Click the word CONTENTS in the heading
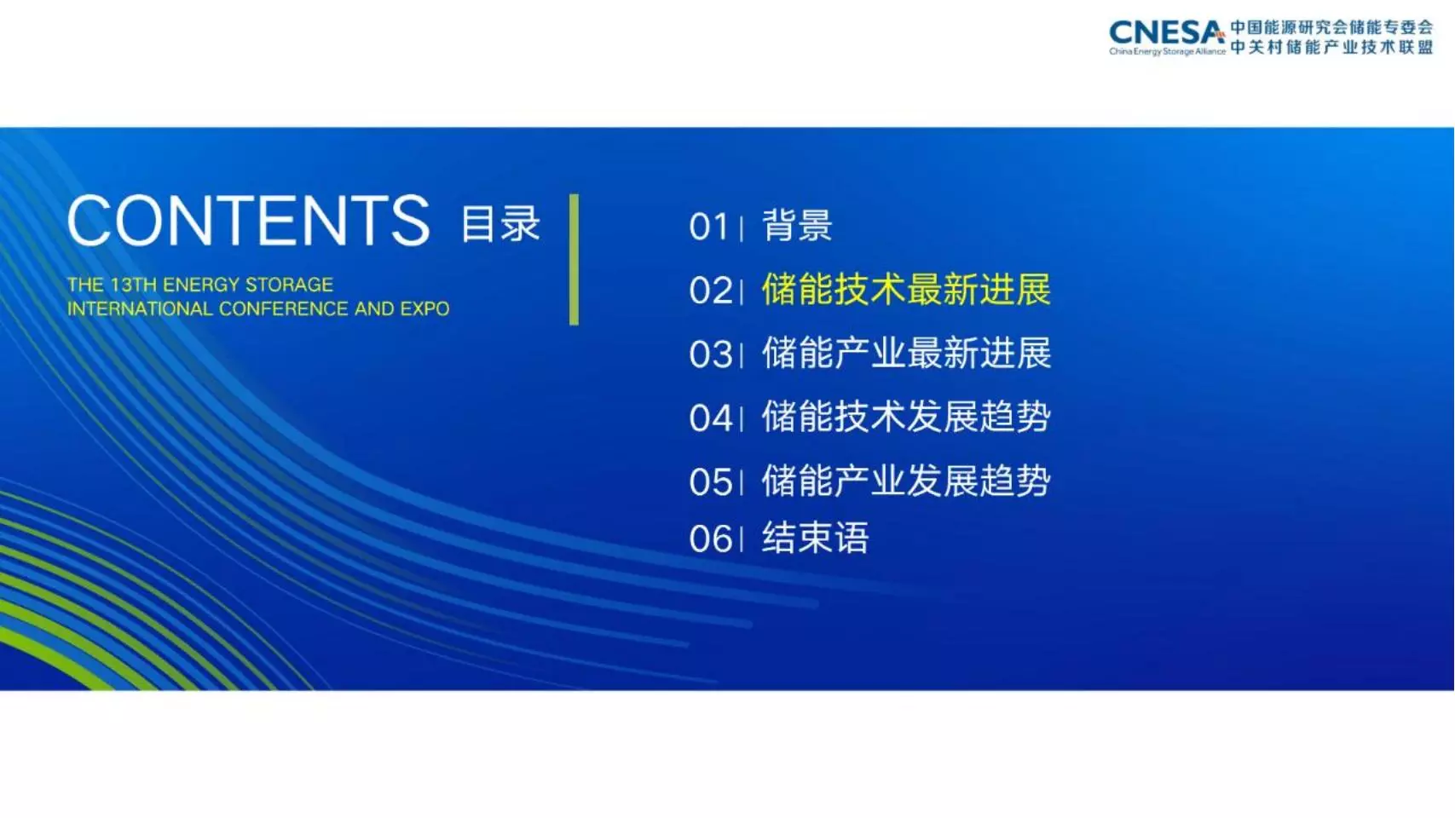pos(248,221)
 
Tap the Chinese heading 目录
pos(500,224)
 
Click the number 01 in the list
pos(708,228)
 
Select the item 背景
pos(797,226)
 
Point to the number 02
pos(710,291)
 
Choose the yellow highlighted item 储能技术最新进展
pos(906,290)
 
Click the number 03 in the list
pos(710,355)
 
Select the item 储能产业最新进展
pos(906,353)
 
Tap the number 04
pos(711,418)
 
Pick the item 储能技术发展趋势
pos(906,417)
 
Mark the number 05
pos(710,482)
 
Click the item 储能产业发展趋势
pos(906,481)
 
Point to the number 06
pos(710,539)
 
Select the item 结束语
pos(815,538)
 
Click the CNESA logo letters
pos(1167,32)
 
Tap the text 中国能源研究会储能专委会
pos(1331,27)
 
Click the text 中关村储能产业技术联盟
pos(1331,48)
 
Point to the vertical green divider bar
pos(574,259)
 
